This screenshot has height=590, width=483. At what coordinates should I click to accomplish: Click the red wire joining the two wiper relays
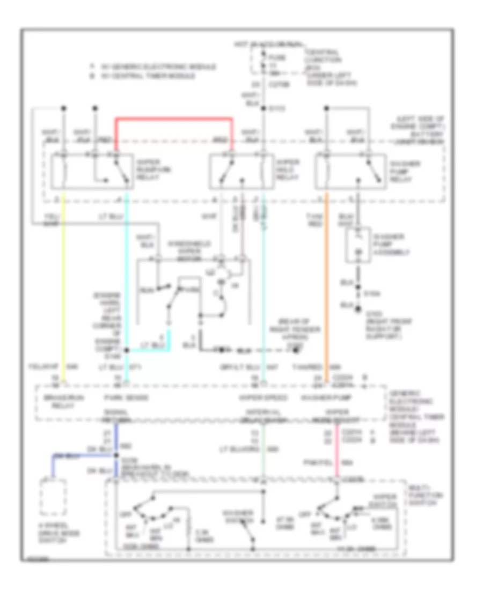pos(174,118)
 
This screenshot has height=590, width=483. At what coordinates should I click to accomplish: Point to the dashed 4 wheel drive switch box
pos(53,498)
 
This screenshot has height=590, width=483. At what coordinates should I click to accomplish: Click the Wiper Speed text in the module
pos(259,398)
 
